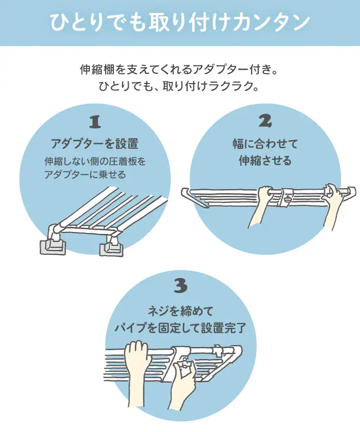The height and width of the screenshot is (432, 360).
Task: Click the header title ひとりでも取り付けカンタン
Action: [180, 23]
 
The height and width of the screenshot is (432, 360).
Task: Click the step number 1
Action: [95, 122]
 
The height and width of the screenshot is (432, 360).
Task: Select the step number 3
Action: [180, 287]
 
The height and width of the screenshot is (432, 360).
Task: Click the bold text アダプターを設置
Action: [95, 143]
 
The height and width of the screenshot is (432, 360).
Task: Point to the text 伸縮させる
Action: [265, 161]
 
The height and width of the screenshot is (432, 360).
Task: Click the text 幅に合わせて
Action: [265, 143]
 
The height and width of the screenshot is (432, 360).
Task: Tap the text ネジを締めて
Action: [180, 310]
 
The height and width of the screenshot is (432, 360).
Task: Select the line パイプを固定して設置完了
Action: [180, 329]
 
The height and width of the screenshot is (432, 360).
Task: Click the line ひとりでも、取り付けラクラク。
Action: [180, 87]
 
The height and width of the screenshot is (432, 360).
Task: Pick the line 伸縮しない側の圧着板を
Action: [95, 161]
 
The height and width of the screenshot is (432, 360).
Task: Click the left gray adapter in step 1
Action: [51, 246]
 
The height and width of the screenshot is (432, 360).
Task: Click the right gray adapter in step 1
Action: [111, 248]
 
